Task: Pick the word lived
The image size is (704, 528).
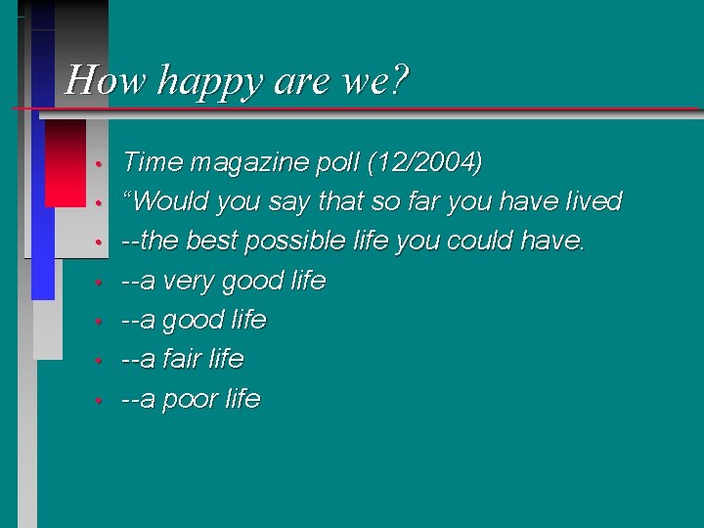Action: click(594, 201)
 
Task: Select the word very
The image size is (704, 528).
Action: click(187, 282)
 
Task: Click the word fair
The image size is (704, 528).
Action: click(181, 359)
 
